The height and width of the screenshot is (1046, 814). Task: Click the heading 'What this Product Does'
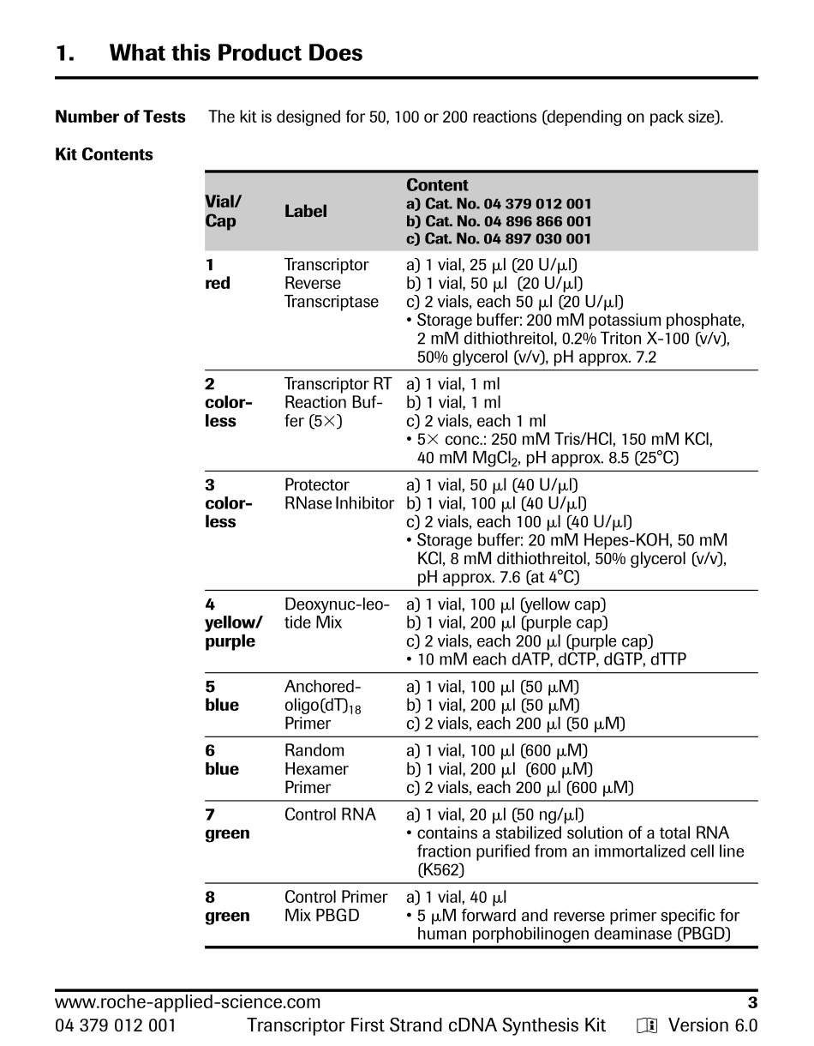coord(236,53)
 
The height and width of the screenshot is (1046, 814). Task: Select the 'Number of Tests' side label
coord(120,117)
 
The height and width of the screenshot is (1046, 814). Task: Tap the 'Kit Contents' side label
coord(104,155)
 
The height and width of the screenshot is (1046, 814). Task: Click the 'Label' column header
coord(305,212)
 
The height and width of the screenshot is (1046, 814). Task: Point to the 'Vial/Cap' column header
coord(223,212)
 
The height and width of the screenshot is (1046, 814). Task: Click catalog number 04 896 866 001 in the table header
coord(499,222)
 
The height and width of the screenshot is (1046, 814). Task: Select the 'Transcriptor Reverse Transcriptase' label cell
coord(332,284)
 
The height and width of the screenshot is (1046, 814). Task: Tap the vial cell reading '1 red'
coord(218,274)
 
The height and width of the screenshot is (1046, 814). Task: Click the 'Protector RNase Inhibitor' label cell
coord(338,494)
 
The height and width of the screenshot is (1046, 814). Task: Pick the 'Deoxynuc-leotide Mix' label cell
coord(337,614)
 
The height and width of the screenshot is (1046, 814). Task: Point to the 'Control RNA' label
coord(330,815)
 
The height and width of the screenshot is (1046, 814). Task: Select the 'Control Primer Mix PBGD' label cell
coord(336,906)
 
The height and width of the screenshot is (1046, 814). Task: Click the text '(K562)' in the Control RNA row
coord(440,869)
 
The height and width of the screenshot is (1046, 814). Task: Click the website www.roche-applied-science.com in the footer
coord(188,1002)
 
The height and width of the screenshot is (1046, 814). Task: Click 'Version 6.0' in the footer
coord(713,1025)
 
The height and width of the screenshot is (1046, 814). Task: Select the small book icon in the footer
coord(646,1026)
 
